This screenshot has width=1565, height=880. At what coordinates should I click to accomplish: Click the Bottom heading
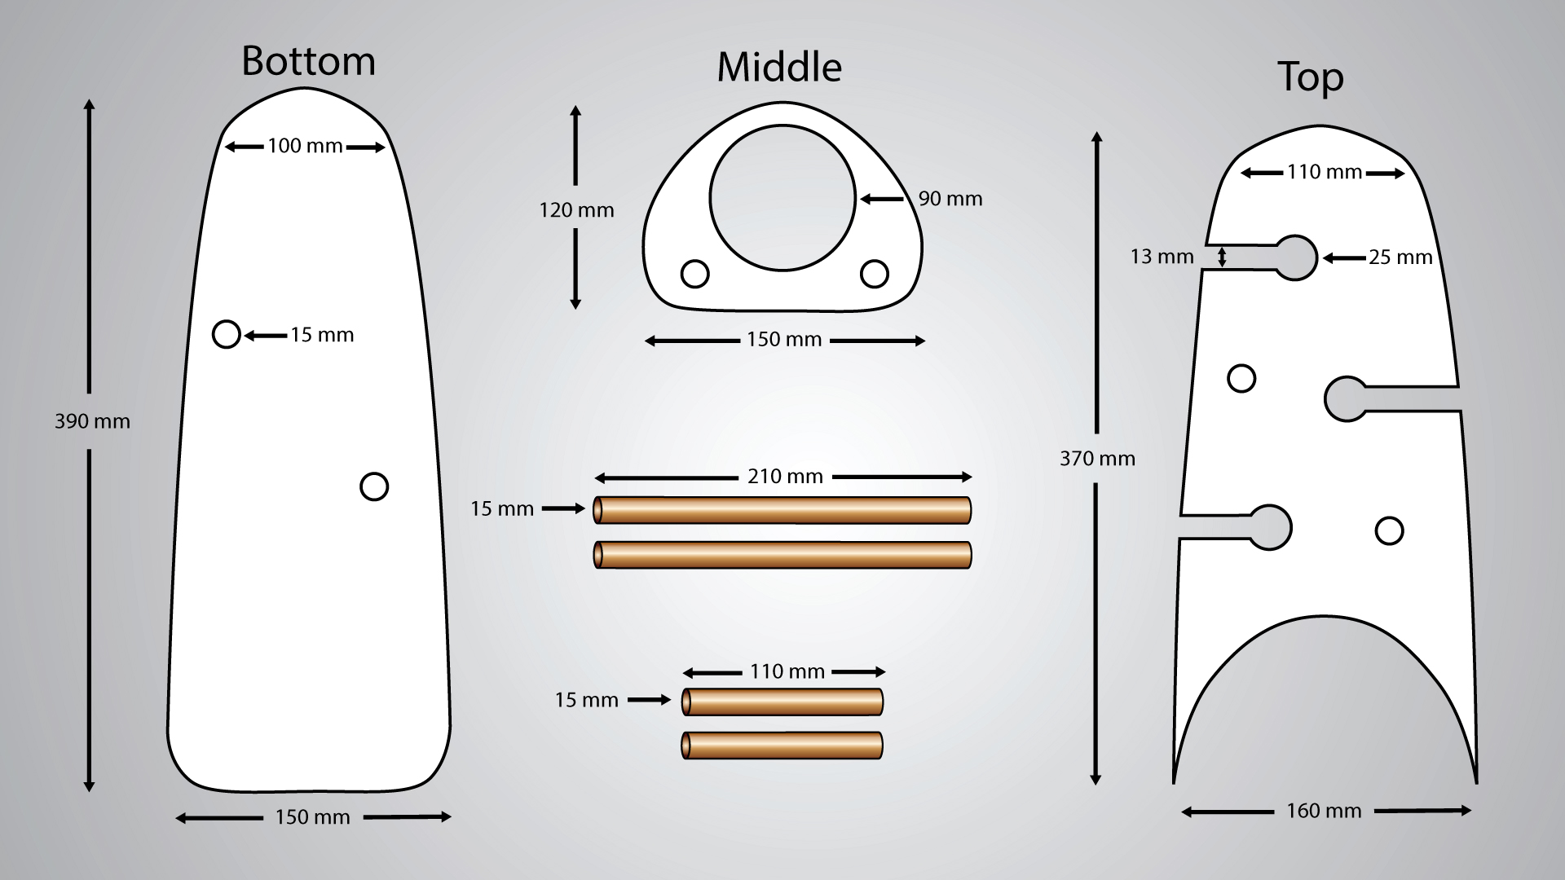[308, 61]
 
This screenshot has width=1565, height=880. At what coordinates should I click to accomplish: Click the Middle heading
[779, 67]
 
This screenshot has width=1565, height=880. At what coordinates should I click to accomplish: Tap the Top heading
[1311, 78]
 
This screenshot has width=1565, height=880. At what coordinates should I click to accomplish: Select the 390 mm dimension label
[92, 421]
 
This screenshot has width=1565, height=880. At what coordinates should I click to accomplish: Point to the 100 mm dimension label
[305, 146]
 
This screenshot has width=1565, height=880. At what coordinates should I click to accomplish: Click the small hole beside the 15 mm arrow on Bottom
[227, 334]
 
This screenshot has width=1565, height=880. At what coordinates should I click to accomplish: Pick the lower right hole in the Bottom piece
[374, 486]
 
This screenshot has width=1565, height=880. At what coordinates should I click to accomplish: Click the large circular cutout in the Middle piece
[782, 198]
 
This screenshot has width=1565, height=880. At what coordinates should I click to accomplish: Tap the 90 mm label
[950, 199]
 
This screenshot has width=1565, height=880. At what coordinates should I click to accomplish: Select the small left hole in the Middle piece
[694, 274]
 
